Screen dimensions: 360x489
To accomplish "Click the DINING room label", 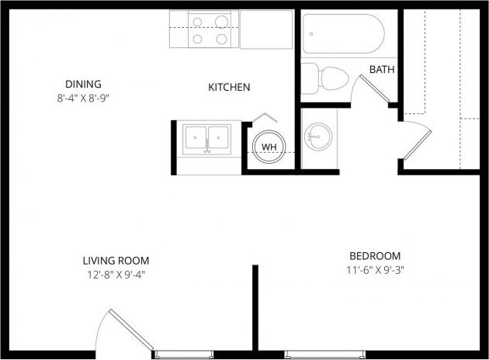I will click(x=83, y=84).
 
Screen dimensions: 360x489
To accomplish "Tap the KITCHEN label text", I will click(x=229, y=88).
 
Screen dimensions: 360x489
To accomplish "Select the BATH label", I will click(x=381, y=69).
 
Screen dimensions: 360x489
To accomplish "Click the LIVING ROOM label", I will click(x=116, y=261).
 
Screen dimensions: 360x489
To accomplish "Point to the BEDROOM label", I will click(x=375, y=256).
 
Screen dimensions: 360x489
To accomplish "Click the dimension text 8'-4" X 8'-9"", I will click(x=84, y=99).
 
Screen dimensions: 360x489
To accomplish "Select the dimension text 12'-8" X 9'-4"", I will click(x=116, y=275).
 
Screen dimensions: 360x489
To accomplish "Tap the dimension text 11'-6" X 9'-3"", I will click(x=375, y=271).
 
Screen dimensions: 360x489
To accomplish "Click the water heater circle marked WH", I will click(x=269, y=147).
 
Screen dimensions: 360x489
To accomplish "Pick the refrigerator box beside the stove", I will click(x=265, y=29).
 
